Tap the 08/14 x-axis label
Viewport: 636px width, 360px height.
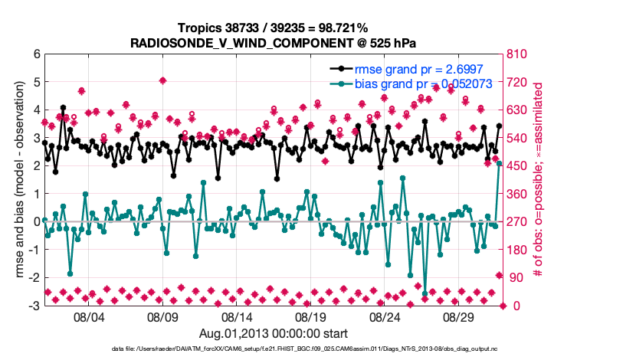237,316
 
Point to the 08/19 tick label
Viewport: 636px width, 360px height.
311,316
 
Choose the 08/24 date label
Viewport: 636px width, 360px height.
385,316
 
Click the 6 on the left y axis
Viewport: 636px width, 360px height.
36,54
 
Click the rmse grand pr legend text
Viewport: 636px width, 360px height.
416,70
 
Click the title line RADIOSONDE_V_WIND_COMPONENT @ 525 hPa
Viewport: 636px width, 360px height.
274,41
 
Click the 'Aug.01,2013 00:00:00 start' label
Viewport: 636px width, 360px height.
274,333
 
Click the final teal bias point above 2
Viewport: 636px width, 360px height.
499,163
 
